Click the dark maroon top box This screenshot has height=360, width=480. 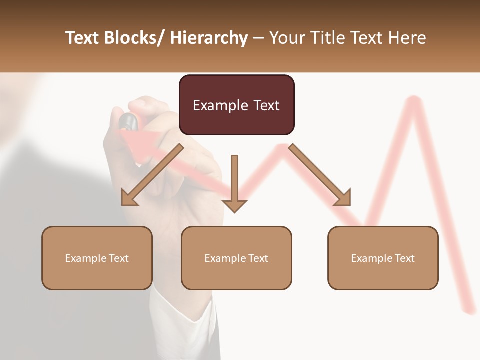point(236,105)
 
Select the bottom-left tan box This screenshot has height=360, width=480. point(97,258)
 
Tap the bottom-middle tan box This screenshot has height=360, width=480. point(236,258)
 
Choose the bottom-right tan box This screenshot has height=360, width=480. point(383,258)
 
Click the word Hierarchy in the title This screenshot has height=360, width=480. point(208,38)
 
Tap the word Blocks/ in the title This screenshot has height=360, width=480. point(134,38)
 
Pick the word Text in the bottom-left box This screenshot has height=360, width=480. point(118,258)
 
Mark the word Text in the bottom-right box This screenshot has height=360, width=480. point(404,258)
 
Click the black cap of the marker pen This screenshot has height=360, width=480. point(128,121)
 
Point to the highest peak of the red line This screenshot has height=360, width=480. point(413,100)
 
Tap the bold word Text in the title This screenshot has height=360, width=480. point(83,38)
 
